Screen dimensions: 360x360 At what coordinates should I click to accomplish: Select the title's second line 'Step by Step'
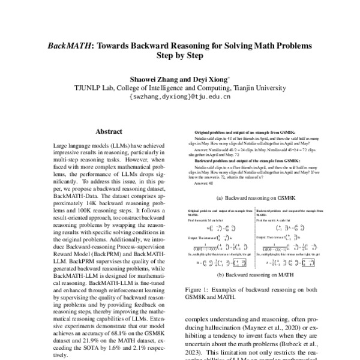(x=179, y=56)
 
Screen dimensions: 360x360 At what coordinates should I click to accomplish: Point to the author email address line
(x=179, y=95)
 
